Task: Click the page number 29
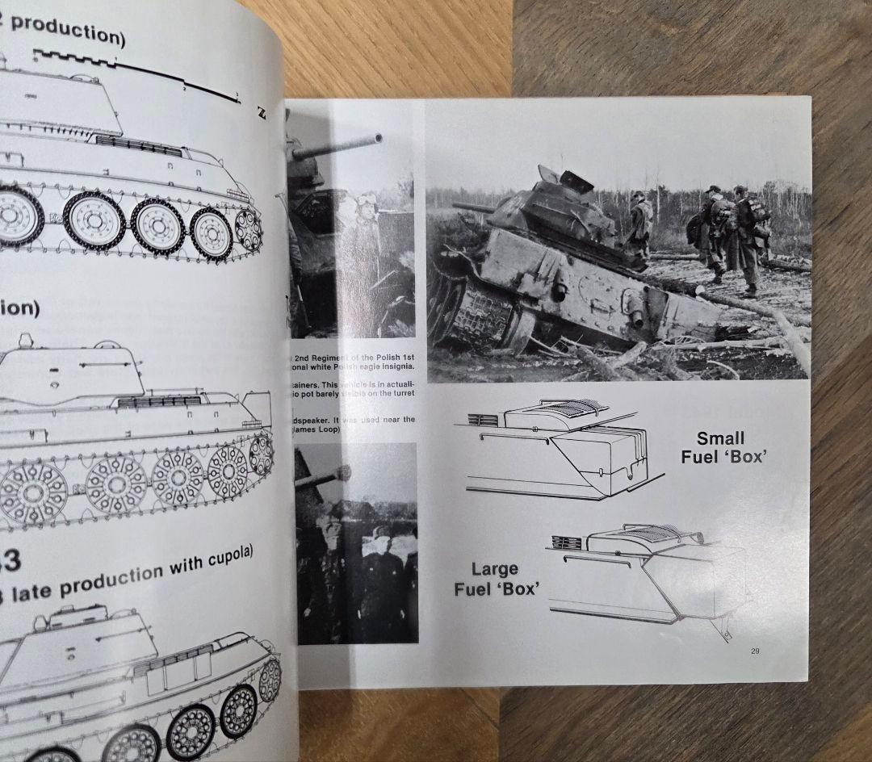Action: [754, 652]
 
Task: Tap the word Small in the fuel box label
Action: [720, 438]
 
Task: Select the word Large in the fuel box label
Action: [495, 570]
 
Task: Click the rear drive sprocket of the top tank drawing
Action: [247, 228]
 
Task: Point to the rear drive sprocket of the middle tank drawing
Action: [260, 454]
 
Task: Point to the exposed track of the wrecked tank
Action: [476, 311]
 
